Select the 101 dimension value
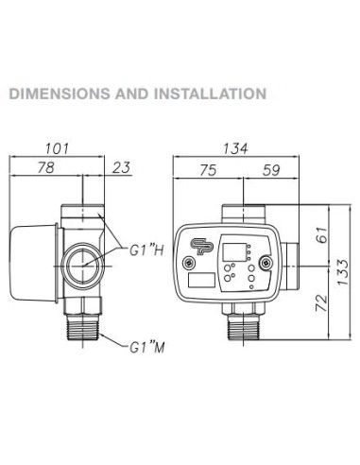pos(60,149)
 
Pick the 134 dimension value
pos(236,149)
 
